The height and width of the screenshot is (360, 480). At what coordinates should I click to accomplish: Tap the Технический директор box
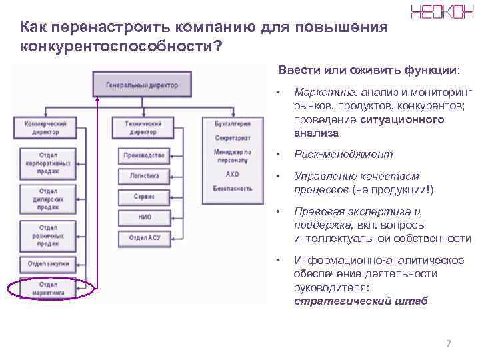[x=144, y=127]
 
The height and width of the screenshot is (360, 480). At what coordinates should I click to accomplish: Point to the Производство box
[x=144, y=156]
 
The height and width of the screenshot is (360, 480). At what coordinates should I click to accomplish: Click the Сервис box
[x=144, y=197]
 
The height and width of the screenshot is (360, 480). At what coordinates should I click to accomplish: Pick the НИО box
[x=144, y=217]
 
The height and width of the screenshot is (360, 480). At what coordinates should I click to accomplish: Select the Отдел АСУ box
[x=144, y=237]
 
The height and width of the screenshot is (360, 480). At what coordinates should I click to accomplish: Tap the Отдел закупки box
[x=48, y=264]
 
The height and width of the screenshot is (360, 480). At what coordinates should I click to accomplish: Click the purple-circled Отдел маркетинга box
[x=48, y=288]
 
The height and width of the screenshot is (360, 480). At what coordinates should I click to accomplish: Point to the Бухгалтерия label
[x=233, y=123]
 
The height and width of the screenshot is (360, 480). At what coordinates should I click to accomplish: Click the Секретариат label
[x=233, y=138]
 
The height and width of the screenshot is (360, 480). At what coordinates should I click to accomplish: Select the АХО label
[x=233, y=174]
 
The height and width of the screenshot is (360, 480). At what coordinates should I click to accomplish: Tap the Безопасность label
[x=233, y=189]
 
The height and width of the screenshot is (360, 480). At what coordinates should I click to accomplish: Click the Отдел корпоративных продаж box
[x=48, y=164]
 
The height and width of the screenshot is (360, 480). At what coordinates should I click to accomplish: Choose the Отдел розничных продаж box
[x=48, y=236]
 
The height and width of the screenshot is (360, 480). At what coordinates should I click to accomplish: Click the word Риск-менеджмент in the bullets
[x=343, y=155]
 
